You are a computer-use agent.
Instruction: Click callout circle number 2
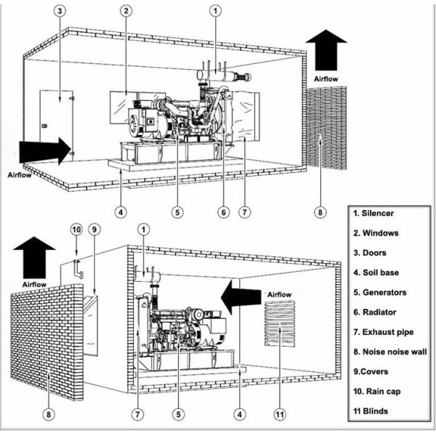pos(126,11)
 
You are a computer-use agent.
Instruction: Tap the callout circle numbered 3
pos(60,11)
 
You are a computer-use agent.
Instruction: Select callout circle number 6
pos(224,212)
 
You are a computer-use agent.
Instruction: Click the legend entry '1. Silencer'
pos(375,214)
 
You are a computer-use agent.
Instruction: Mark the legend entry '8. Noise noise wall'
pos(389,352)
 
